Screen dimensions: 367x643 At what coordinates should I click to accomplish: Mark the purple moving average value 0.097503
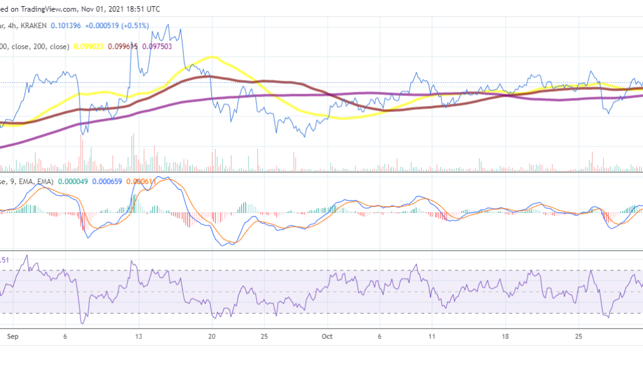point(157,46)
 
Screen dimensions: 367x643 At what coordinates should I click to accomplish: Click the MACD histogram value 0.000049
point(75,181)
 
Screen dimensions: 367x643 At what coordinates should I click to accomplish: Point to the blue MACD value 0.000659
point(108,181)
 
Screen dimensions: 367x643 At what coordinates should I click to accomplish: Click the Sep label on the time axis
point(12,336)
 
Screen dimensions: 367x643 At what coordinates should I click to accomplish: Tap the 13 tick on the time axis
point(139,336)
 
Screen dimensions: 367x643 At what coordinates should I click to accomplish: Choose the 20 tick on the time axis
point(212,336)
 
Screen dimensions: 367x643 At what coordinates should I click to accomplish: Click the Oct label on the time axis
point(327,336)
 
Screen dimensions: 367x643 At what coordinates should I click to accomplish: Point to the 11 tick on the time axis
point(432,336)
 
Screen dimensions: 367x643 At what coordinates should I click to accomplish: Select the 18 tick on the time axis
point(505,336)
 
